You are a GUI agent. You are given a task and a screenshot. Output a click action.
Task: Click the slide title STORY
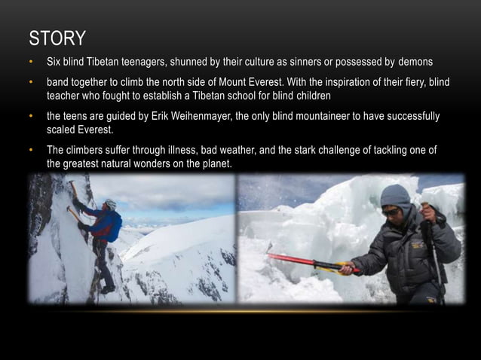tap(57, 38)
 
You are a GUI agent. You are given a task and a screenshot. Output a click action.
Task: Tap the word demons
tap(415, 62)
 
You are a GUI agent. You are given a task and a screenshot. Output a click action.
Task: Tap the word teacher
tap(66, 96)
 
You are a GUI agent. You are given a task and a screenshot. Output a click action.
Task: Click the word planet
tap(213, 163)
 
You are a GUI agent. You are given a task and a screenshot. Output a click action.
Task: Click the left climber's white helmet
tap(111, 203)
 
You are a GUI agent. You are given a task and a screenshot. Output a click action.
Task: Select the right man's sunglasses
tap(391, 213)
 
